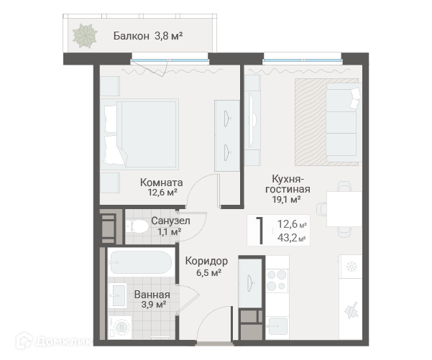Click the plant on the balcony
point(85,36)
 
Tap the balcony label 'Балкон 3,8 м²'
point(148,36)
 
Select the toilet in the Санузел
point(137,226)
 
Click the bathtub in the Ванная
point(141,262)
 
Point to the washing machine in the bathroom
point(119,328)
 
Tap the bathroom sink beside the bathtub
point(117,295)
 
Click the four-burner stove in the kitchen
point(277,280)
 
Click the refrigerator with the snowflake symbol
point(351,267)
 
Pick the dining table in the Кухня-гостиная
point(344,209)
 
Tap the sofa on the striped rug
point(344,123)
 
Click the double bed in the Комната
point(139,134)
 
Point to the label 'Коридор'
point(206,261)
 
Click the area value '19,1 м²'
point(286,199)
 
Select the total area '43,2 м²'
point(292,238)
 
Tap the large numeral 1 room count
point(259,230)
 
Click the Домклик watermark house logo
point(24,341)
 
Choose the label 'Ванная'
point(152,295)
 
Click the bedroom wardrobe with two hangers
point(227,136)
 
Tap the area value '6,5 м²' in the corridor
point(209,272)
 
